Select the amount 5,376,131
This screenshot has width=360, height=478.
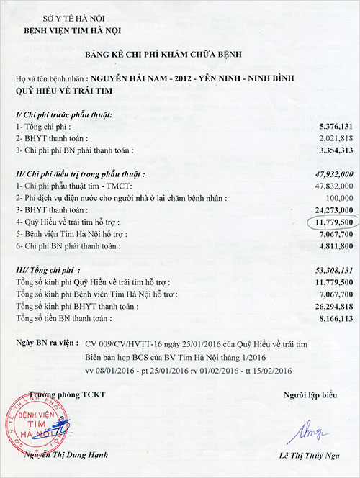334,127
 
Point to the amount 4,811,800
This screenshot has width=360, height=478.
334,246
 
